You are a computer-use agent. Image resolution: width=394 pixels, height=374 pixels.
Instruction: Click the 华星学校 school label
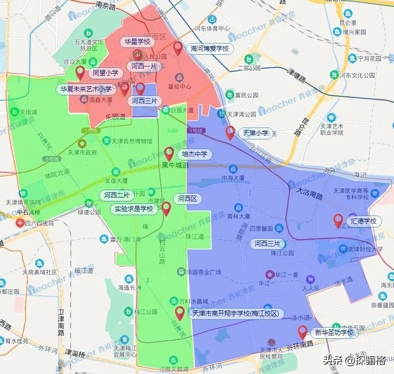[x=137, y=42]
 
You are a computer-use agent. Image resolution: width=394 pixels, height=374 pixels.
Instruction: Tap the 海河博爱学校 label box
[x=210, y=49]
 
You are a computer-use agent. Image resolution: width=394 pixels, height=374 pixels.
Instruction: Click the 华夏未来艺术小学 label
[x=86, y=89]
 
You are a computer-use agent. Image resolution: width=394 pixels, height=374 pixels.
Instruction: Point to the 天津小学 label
[x=256, y=132]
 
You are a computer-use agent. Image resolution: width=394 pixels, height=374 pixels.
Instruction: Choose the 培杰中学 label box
[x=195, y=154]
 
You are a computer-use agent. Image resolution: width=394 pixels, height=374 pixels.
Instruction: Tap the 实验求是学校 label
[x=133, y=209]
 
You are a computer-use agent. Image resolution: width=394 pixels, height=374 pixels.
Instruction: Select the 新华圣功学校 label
[x=334, y=333]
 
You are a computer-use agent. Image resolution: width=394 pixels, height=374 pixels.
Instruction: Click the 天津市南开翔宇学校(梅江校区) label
[x=235, y=313]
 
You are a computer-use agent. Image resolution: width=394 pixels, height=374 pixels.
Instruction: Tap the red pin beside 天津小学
[x=230, y=132]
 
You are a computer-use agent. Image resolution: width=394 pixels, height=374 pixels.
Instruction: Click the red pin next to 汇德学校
[x=338, y=220]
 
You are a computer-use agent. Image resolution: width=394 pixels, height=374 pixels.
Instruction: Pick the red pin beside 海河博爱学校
[x=178, y=48]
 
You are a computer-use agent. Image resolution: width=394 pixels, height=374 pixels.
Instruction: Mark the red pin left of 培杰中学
[x=169, y=154]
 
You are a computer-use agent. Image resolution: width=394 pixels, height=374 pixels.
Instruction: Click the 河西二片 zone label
[x=117, y=195]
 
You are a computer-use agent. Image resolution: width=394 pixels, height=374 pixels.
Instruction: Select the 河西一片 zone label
[x=144, y=66]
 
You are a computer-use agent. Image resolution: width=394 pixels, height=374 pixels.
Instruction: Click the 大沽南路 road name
[x=309, y=193]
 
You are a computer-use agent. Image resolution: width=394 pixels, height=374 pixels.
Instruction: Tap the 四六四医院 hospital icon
[x=20, y=223]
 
